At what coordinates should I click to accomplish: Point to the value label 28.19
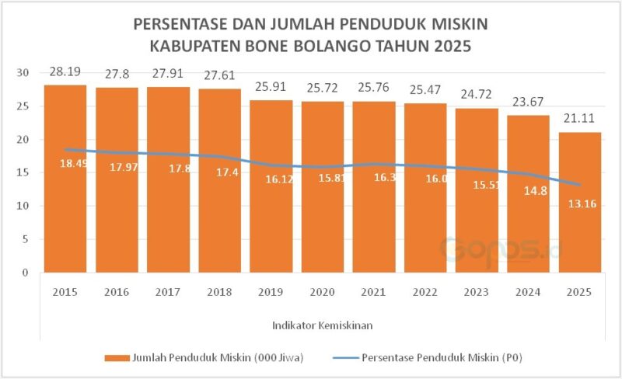(x=65, y=72)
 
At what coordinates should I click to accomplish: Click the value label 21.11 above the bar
(x=579, y=120)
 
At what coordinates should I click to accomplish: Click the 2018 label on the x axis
(x=219, y=293)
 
